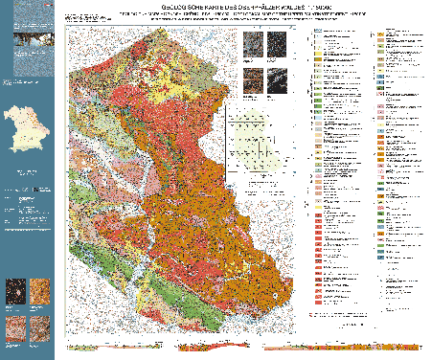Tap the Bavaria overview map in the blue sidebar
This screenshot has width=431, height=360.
click(26, 129)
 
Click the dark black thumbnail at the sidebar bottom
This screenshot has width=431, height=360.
click(14, 290)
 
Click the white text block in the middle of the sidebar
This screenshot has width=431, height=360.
click(26, 206)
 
